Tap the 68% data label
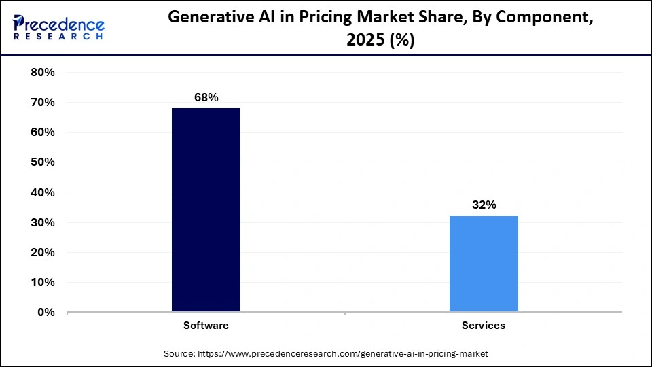[206, 97]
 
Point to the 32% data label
[484, 205]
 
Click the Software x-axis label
[206, 326]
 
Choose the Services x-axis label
[484, 326]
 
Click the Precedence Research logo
[58, 27]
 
